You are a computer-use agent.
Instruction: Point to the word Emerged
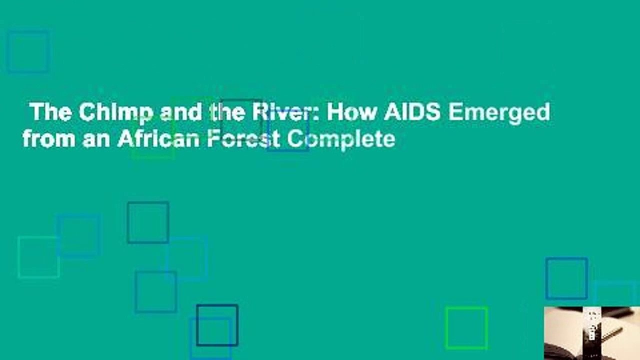pyautogui.click(x=499, y=112)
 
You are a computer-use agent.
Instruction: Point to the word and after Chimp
pyautogui.click(x=181, y=112)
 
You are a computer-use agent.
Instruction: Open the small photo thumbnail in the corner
pyautogui.click(x=591, y=333)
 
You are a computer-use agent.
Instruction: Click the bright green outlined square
pyautogui.click(x=466, y=328)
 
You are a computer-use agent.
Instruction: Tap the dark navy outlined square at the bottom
pyautogui.click(x=217, y=325)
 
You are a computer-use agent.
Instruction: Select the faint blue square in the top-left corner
pyautogui.click(x=28, y=51)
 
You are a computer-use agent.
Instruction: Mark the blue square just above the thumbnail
pyautogui.click(x=566, y=278)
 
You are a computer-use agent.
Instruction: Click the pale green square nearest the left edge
pyautogui.click(x=38, y=257)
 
